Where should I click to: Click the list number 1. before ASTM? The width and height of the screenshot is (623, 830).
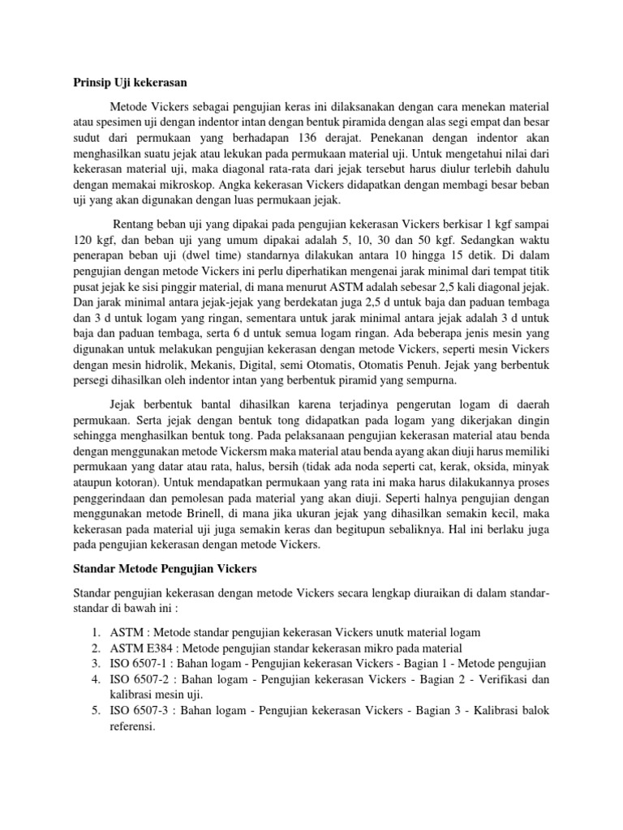pyautogui.click(x=95, y=632)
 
